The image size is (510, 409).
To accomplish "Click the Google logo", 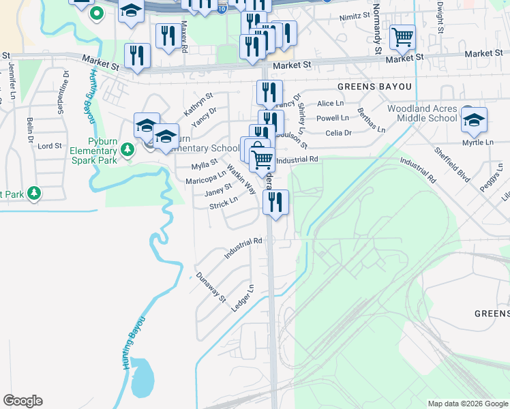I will (22, 401).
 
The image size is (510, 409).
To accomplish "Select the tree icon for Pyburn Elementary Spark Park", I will (126, 149).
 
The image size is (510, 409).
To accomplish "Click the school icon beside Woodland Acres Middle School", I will (474, 119).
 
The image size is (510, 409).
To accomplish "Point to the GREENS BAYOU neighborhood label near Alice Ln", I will (375, 87).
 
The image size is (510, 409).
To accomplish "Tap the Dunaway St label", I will (211, 287).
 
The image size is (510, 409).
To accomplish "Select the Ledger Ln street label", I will (243, 298).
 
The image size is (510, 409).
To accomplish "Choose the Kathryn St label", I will (198, 102).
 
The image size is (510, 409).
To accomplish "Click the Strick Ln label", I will (224, 203).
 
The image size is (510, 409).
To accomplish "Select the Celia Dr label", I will (338, 133).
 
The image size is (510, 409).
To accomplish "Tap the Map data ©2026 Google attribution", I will (467, 404).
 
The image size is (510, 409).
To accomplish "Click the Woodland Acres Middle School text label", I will (422, 113).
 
